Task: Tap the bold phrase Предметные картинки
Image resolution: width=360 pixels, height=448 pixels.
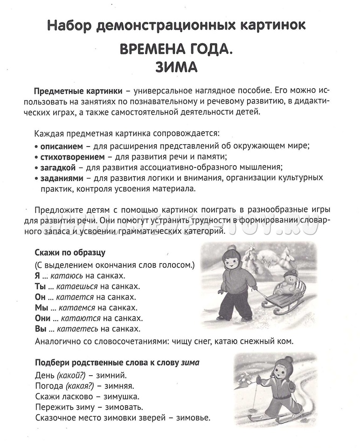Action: pos(78,91)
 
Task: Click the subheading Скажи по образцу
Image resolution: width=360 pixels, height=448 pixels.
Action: pos(70,253)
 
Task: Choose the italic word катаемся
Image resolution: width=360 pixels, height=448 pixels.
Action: pos(78,308)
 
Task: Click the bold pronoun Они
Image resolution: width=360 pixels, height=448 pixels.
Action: pos(42,318)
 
